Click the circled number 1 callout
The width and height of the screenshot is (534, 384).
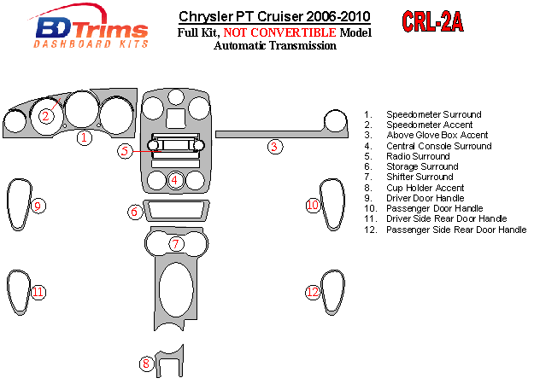[x=84, y=137]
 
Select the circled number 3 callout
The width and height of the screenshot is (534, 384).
[x=274, y=147]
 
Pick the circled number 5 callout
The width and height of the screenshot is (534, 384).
[x=126, y=151]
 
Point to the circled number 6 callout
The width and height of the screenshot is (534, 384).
[x=134, y=212]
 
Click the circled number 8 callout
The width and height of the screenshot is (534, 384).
[x=146, y=364]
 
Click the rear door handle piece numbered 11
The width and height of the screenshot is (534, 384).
[x=21, y=291]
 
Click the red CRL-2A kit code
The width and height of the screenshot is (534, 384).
[x=431, y=23]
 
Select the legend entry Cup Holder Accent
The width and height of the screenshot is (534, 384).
[x=425, y=188]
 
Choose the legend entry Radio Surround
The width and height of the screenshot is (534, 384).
[x=418, y=156]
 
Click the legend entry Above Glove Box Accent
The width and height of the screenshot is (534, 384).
[x=437, y=135]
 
